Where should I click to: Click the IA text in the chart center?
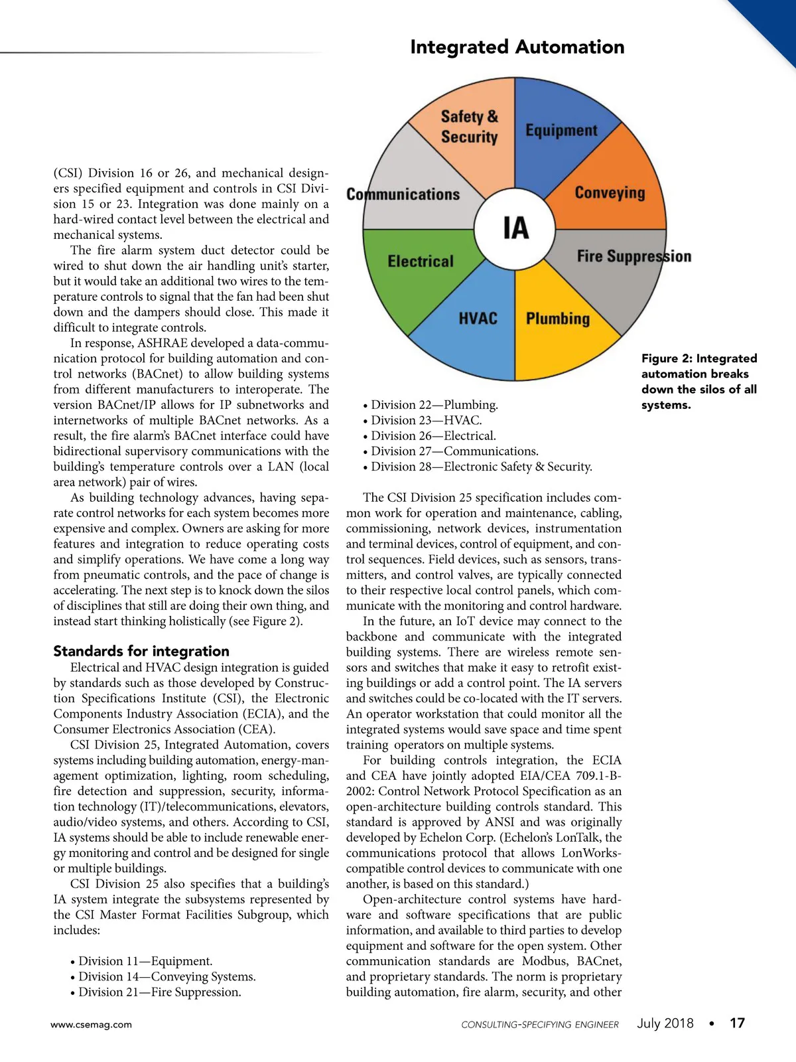515,228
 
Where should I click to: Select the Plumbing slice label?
557,319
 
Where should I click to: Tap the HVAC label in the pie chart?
478,319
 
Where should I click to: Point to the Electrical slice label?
421,261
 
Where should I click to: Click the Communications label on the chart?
403,194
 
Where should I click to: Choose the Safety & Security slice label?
469,127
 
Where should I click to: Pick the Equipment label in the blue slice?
561,130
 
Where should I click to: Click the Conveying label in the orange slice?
609,192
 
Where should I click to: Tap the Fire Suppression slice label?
633,256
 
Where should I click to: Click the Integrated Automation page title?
517,47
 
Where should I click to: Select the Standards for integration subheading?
141,651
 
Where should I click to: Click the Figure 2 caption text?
698,382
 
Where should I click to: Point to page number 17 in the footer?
737,1023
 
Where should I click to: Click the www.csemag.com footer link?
91,1024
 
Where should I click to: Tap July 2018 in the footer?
665,1023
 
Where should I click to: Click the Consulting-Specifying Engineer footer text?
540,1024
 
